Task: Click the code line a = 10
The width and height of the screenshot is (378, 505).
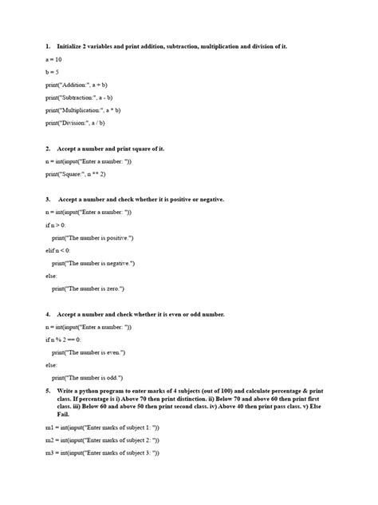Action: (x=54, y=60)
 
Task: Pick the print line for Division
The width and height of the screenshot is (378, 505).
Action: (x=75, y=123)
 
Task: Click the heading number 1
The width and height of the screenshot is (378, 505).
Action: (x=49, y=47)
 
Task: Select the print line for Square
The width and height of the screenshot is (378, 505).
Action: (x=76, y=174)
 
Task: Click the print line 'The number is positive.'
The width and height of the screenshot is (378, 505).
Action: (x=93, y=237)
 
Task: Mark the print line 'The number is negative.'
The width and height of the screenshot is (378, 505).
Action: (x=93, y=263)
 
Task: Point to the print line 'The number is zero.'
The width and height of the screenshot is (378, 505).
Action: (x=88, y=288)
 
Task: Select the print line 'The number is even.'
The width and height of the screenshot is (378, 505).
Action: (x=88, y=352)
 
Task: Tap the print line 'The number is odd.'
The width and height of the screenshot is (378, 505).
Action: (x=87, y=378)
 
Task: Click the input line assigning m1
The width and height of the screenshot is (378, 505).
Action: (x=102, y=429)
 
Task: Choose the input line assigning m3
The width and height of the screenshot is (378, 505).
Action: (x=102, y=453)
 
